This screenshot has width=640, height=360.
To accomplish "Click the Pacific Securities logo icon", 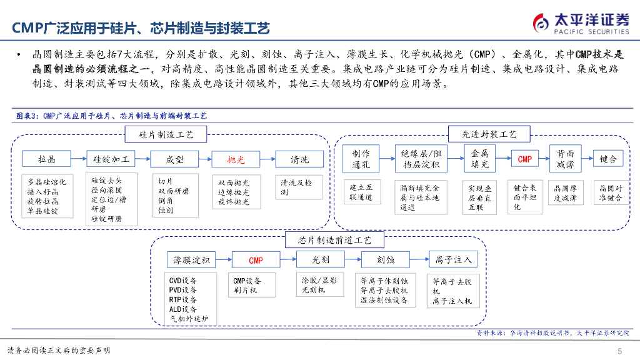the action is tap(541, 22).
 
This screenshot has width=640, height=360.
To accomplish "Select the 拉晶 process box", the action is tap(47, 159).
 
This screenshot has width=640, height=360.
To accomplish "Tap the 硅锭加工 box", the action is tap(111, 159).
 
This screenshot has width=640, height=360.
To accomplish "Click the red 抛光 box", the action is tap(236, 159).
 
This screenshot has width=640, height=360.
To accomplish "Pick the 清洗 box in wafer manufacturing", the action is tap(300, 159).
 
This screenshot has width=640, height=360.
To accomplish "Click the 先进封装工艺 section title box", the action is tap(489, 134).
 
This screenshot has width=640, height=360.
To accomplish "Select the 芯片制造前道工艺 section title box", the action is tap(336, 240).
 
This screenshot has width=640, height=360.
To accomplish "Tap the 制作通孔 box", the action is tap(361, 159).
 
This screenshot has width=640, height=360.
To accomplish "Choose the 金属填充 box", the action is tap(479, 159).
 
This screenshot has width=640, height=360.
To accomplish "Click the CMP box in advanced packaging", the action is tap(525, 159).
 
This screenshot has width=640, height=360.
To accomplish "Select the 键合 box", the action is tap(608, 159).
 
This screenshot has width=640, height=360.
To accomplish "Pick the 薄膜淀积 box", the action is tap(192, 260).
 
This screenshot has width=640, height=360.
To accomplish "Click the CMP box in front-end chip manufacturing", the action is tap(256, 260).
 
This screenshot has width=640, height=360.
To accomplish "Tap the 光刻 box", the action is tap(321, 259).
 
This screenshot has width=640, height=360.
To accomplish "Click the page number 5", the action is tap(619, 350).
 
